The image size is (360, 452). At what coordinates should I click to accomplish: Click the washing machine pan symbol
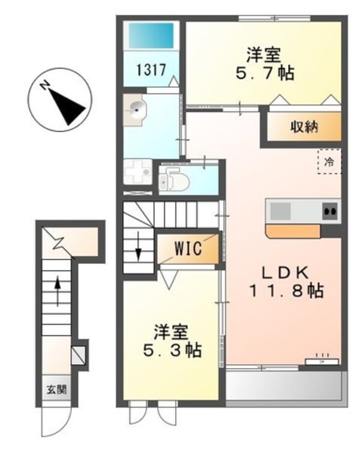coord(140,173)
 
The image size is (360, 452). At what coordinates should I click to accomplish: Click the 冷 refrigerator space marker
coord(329,161)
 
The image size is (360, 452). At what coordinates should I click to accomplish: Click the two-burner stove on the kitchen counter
coord(329,211)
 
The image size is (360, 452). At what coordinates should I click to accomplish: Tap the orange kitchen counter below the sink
coord(292,231)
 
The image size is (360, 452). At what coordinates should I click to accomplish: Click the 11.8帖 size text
coord(287,292)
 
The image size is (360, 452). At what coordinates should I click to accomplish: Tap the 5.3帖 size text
coord(171,349)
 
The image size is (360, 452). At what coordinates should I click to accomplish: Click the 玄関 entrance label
coord(55,390)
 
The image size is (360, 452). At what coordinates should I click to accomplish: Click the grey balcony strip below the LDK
coord(286,384)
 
